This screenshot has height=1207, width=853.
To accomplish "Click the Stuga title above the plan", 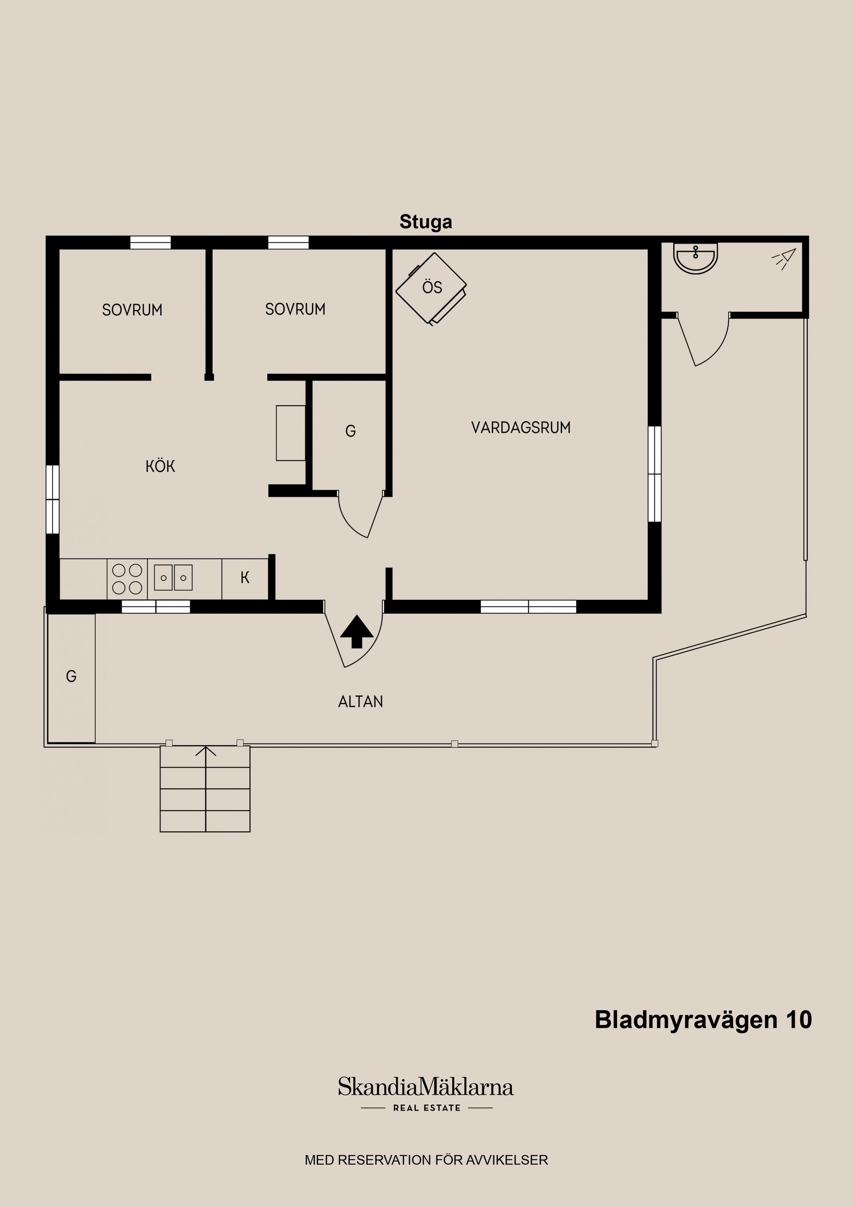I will [425, 222].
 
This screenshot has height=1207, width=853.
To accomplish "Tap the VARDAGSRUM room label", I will [520, 428].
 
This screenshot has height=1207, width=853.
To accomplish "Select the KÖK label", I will [160, 466].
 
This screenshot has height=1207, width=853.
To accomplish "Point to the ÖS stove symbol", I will [431, 288].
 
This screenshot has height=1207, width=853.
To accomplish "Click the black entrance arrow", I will [356, 631].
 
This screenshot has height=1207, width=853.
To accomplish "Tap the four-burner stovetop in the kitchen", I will [127, 579].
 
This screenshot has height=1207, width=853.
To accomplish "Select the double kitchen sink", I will [173, 578].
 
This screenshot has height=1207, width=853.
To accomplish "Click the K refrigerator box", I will [245, 578].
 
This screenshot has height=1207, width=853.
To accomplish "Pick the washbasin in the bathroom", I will [695, 259].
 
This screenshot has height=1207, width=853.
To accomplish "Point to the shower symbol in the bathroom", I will [784, 258].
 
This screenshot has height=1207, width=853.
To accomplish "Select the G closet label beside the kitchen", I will [350, 432].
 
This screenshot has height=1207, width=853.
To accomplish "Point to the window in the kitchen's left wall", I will [52, 499].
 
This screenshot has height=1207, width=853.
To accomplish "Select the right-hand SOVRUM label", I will [295, 309].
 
